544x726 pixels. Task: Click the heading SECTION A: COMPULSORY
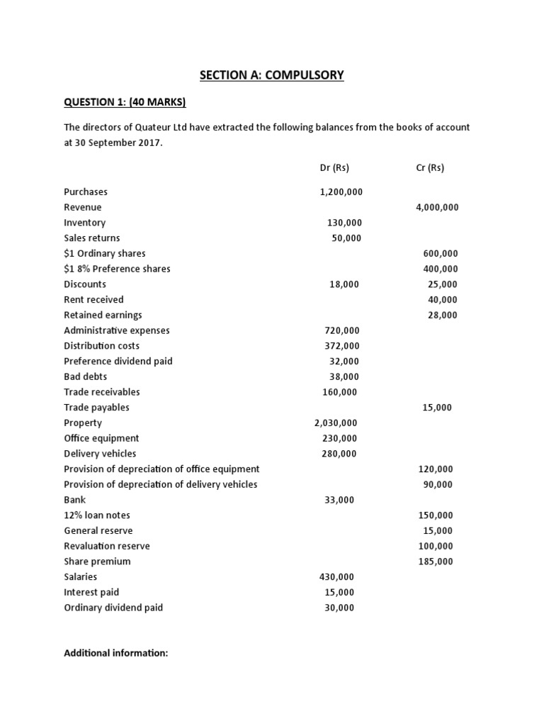point(272,75)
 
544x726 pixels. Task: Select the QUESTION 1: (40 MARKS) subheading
point(125,103)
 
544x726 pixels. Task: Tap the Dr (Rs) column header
point(335,168)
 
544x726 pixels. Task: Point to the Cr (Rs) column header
point(430,168)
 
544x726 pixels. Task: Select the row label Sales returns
point(92,238)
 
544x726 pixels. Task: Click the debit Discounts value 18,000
point(344,284)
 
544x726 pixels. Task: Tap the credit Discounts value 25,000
point(443,284)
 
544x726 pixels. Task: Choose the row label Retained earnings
point(103,315)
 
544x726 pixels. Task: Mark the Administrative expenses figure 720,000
point(341,330)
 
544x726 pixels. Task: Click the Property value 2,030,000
point(336,423)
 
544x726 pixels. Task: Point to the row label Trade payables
point(96,408)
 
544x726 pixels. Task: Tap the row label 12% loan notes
point(97,515)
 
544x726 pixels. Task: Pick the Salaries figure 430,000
point(338,577)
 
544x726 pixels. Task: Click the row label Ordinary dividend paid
point(113,608)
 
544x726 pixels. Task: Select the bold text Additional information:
point(116,653)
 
